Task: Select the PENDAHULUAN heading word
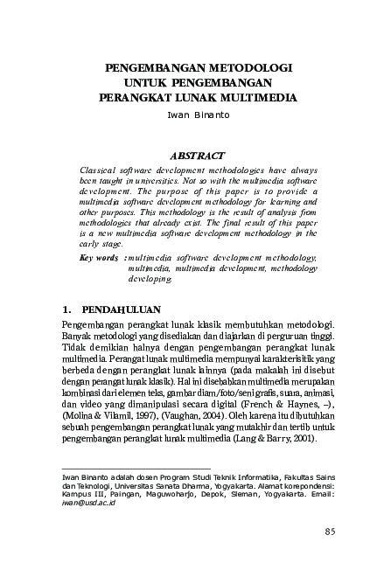(115, 309)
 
